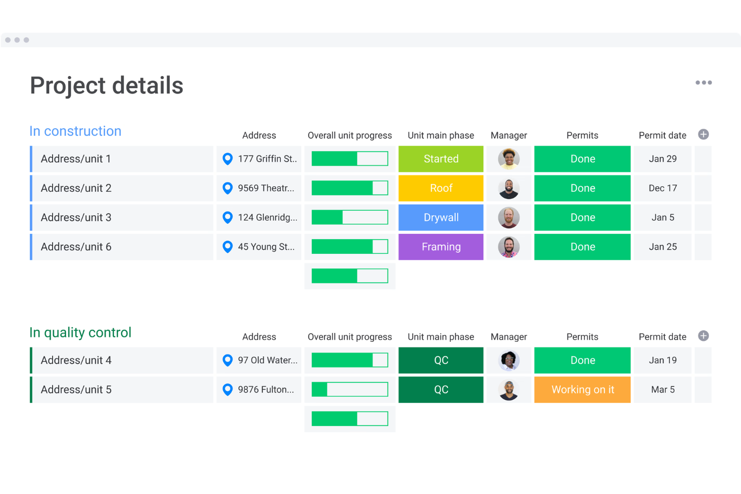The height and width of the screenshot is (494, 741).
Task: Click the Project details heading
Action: [x=107, y=86]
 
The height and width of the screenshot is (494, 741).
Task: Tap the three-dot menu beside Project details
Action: [x=703, y=83]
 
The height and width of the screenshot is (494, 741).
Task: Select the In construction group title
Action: [x=76, y=131]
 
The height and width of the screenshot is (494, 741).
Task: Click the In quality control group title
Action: [x=81, y=333]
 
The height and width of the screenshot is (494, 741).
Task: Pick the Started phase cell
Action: [x=441, y=159]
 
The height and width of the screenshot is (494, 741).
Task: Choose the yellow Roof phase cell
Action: [x=441, y=188]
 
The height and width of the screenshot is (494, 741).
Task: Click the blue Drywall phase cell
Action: [x=441, y=218]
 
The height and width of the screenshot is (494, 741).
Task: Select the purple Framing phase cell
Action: [x=441, y=247]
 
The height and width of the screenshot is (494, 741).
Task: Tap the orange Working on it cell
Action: [x=582, y=390]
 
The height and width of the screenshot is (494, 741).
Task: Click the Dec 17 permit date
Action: [x=662, y=188]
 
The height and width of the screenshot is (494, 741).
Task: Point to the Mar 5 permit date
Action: [x=662, y=390]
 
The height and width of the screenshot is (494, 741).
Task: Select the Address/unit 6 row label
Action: [x=76, y=247]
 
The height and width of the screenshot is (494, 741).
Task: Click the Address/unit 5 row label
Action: [x=76, y=390]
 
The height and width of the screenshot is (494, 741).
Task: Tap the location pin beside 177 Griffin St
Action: [x=228, y=159]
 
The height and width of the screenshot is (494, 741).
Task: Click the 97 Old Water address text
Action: [x=267, y=360]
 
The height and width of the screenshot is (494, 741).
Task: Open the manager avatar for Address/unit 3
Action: [x=509, y=218]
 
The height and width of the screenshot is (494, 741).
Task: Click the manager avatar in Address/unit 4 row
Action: [x=509, y=360]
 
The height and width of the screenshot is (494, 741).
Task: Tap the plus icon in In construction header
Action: [x=703, y=135]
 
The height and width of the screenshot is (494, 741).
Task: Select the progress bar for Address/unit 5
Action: [x=349, y=390]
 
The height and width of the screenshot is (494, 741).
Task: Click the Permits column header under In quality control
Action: [x=582, y=337]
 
